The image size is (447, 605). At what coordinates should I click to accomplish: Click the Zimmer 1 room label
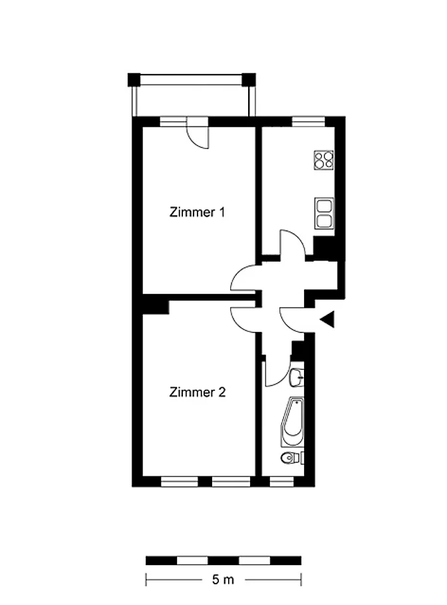tap(197, 212)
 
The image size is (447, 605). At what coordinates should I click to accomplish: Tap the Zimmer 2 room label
tap(198, 392)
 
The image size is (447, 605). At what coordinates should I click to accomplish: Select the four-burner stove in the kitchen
tap(324, 160)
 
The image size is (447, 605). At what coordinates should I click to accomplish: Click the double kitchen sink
tap(324, 213)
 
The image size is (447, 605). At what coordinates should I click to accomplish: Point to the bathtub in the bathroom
tap(293, 421)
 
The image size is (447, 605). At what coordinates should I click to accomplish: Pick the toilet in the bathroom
tap(291, 458)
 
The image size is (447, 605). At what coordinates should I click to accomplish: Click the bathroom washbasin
tap(296, 377)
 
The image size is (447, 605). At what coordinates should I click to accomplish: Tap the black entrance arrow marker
tap(327, 319)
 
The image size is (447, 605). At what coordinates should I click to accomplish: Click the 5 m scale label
tap(223, 580)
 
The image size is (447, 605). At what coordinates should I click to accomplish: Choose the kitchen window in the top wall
tap(308, 121)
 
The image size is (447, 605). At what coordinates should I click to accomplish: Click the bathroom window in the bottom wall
tap(281, 481)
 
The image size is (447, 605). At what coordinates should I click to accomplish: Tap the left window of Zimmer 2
tap(179, 481)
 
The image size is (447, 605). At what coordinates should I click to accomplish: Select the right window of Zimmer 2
tap(231, 481)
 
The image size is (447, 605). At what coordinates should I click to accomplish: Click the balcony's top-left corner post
tap(134, 79)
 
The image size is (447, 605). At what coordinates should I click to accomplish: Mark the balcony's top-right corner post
tap(249, 79)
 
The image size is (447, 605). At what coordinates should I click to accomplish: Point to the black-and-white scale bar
tap(223, 560)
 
